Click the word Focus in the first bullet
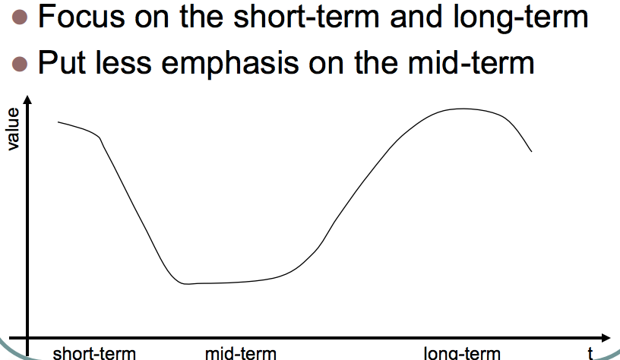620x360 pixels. pyautogui.click(x=81, y=17)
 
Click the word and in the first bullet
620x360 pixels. pyautogui.click(x=416, y=17)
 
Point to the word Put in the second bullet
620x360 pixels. pyautogui.click(x=62, y=62)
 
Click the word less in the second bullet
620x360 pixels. pyautogui.click(x=123, y=62)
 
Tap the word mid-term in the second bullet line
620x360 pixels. pyautogui.click(x=471, y=62)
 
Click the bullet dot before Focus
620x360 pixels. pyautogui.click(x=20, y=17)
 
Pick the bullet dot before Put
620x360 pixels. pyautogui.click(x=20, y=64)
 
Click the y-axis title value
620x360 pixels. pyautogui.click(x=13, y=129)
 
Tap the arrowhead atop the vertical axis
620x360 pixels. pyautogui.click(x=27, y=99)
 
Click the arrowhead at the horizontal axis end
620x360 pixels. pyautogui.click(x=606, y=338)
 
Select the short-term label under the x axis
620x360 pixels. pyautogui.click(x=94, y=353)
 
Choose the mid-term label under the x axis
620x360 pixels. pyautogui.click(x=240, y=353)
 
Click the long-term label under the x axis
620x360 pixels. pyautogui.click(x=462, y=353)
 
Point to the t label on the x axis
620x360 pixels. pyautogui.click(x=590, y=353)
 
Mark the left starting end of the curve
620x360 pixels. pyautogui.click(x=58, y=122)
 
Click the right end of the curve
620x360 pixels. pyautogui.click(x=531, y=151)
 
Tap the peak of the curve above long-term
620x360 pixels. pyautogui.click(x=462, y=109)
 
